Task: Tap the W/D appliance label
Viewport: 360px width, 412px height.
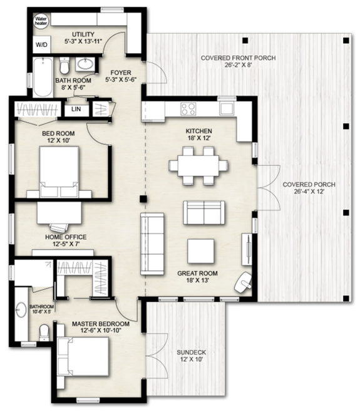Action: (x=41, y=45)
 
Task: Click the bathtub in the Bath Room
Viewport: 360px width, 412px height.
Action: (x=43, y=76)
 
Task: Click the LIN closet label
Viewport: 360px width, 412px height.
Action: (x=76, y=110)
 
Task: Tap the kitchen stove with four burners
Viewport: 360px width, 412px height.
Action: (x=188, y=108)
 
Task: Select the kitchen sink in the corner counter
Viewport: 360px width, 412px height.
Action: (x=225, y=108)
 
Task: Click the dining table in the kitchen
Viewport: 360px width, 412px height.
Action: (x=198, y=166)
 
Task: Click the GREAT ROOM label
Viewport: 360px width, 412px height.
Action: (x=198, y=277)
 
